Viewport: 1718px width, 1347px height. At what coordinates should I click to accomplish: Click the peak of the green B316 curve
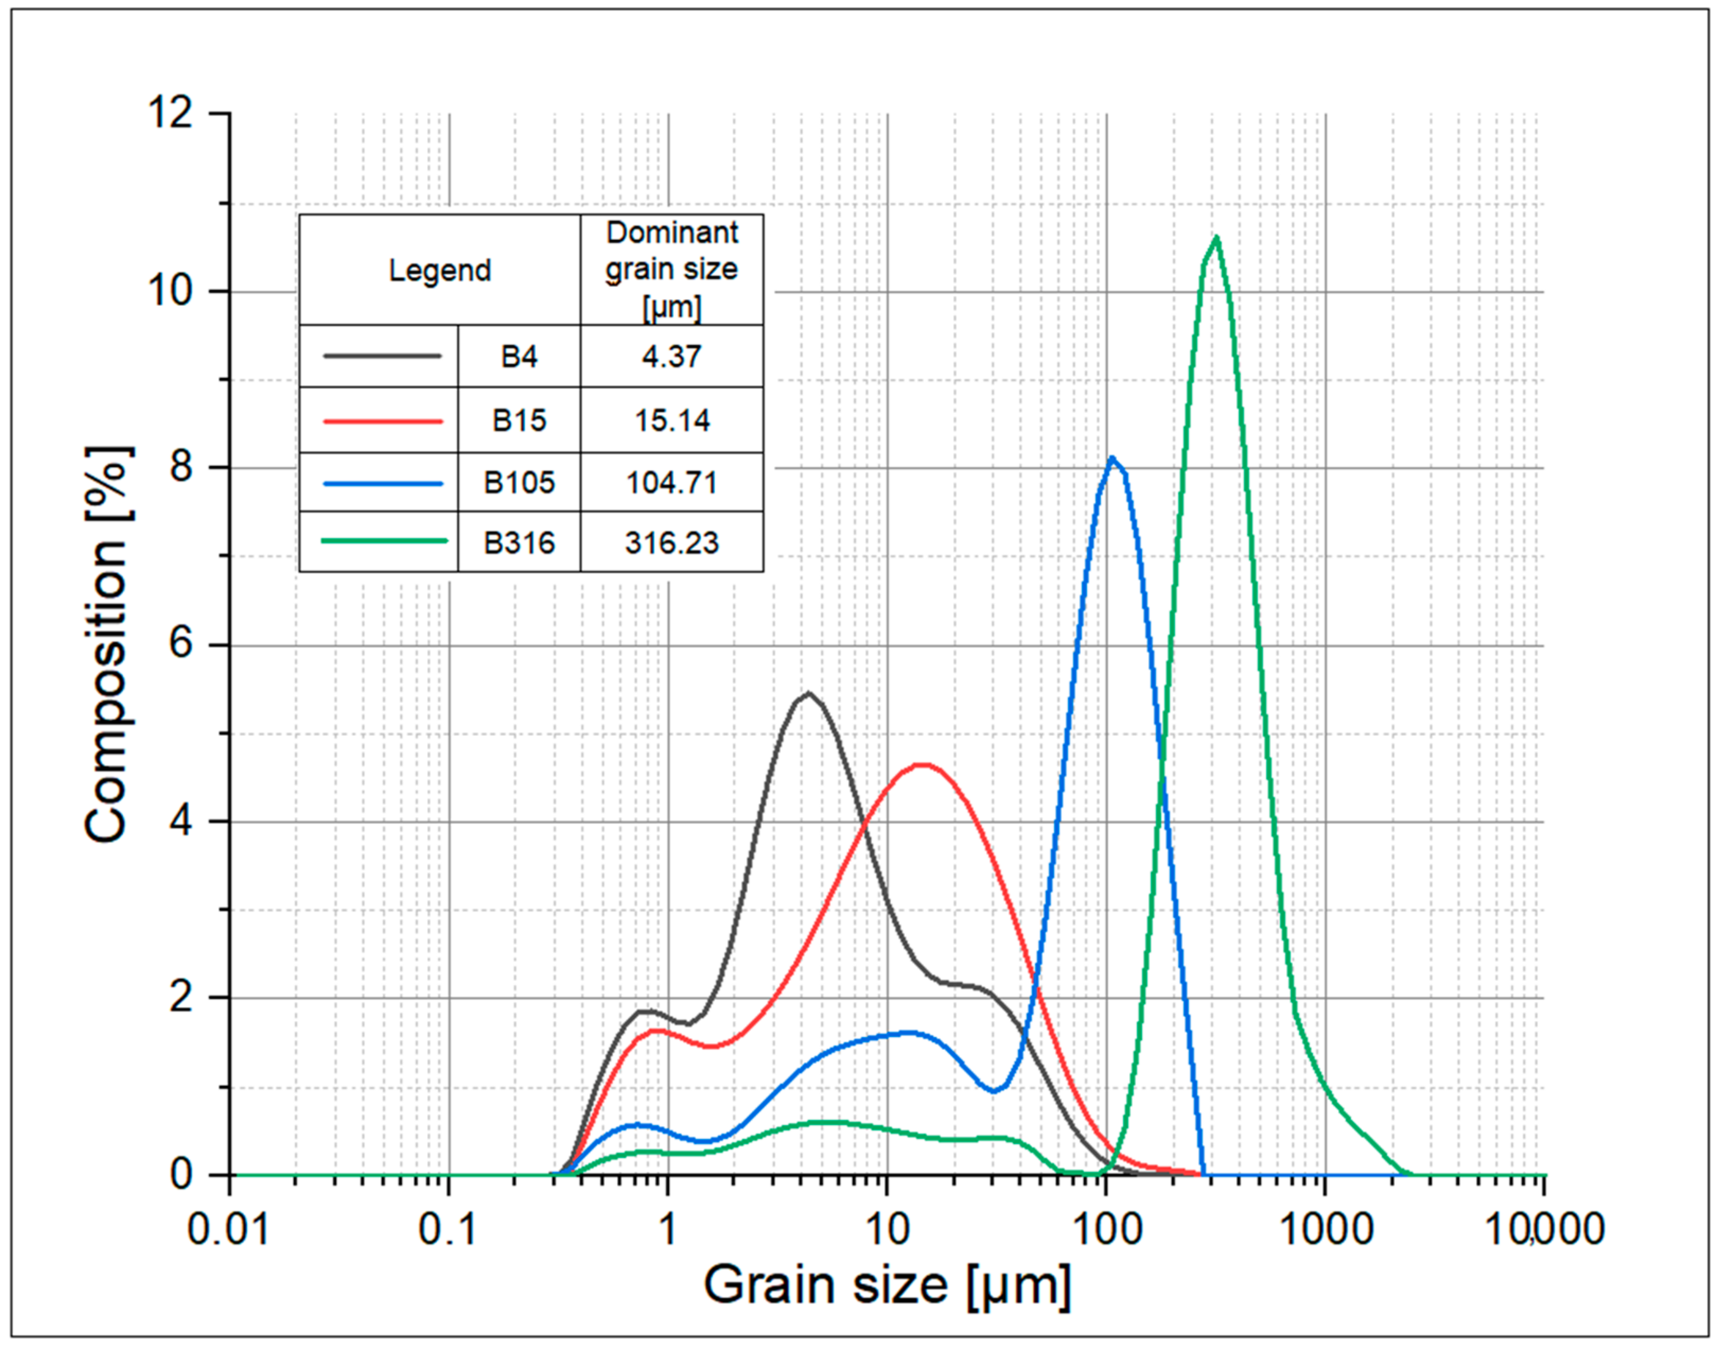point(1216,238)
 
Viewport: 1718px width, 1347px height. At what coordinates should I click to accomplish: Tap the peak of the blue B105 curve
point(1112,458)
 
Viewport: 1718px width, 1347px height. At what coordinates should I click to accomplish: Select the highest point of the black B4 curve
point(809,693)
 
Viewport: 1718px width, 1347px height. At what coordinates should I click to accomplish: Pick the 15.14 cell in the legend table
point(672,421)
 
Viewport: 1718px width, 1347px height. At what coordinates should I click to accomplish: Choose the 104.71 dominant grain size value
point(672,482)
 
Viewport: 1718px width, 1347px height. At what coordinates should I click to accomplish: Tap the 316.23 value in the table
point(672,543)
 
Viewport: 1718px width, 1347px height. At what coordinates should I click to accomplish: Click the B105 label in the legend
point(519,482)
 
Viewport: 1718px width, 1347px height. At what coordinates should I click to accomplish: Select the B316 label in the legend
point(519,543)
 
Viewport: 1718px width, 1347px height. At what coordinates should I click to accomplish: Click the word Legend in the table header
point(439,270)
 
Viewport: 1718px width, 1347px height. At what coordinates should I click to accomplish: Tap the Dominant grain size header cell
point(672,269)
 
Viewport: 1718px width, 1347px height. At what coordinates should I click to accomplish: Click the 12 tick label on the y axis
point(170,113)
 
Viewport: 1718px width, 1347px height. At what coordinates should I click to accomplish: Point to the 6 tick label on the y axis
point(181,644)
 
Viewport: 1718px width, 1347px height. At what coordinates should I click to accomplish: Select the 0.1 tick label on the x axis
point(448,1229)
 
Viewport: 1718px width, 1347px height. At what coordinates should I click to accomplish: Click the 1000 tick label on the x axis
point(1325,1229)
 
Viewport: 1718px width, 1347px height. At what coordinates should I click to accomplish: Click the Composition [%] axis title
point(107,644)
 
